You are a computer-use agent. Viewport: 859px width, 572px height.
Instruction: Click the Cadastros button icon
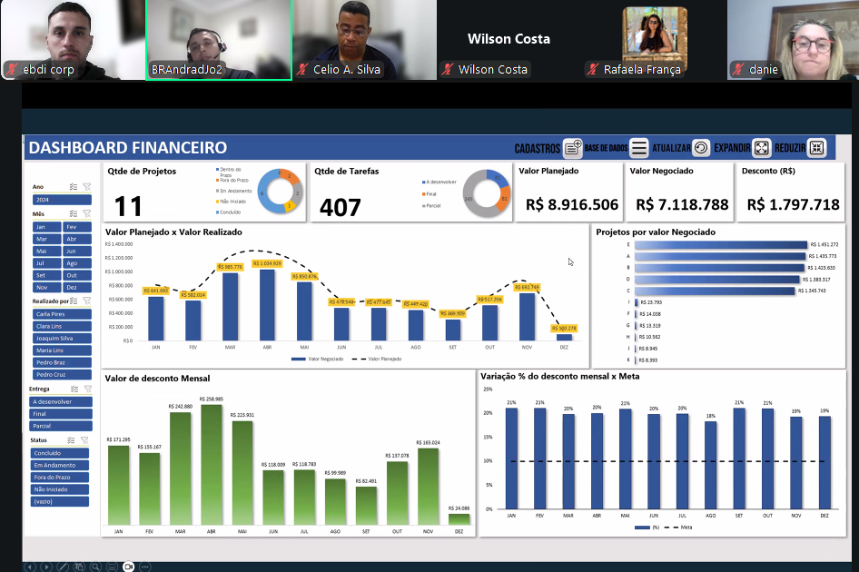572,148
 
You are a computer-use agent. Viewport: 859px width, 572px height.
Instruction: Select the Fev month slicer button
77,227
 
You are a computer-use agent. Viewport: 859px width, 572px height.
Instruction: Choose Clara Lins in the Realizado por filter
61,326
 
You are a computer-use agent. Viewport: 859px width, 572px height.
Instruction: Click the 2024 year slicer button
61,200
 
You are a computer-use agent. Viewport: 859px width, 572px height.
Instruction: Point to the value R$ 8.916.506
572,205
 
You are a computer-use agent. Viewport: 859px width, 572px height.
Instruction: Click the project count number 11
129,206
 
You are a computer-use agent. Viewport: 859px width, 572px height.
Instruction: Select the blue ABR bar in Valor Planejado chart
267,304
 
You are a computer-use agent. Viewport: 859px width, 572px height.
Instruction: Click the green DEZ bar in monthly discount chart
459,518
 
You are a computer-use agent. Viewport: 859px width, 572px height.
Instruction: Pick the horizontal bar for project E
721,244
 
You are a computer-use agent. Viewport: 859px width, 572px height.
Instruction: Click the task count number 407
341,208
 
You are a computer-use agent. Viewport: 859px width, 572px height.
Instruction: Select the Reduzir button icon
816,148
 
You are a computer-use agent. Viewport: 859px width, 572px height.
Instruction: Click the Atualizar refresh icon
701,148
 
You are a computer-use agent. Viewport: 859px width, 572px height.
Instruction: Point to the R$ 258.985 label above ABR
212,399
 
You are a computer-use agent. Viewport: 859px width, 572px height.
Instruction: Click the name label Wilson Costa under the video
493,70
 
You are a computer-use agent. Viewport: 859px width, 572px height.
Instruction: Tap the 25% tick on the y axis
488,390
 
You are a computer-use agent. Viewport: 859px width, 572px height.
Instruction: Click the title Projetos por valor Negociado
656,232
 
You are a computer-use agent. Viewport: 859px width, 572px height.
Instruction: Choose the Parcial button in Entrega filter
61,425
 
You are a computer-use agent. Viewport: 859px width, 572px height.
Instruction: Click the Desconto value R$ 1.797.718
793,205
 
